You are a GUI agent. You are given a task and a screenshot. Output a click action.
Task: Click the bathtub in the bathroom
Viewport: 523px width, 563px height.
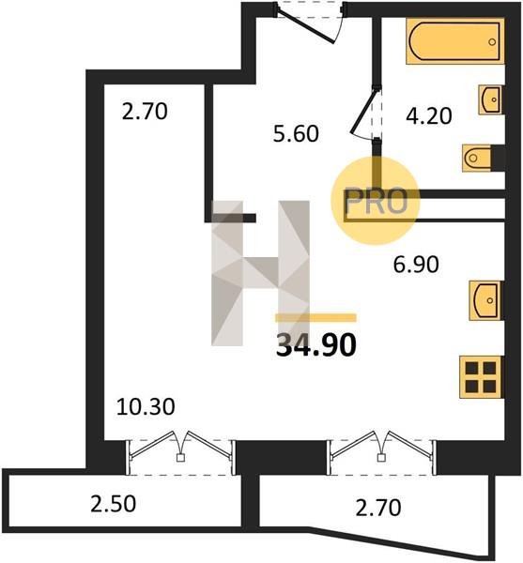tap(455, 41)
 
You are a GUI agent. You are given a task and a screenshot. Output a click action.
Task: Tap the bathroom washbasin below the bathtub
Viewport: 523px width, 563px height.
tap(491, 99)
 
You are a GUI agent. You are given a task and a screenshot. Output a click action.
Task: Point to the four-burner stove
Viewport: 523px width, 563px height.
tap(482, 377)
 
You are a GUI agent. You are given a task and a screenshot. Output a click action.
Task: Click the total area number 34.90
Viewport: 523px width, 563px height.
tap(316, 345)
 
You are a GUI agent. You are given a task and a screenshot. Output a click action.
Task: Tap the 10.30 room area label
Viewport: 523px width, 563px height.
tap(146, 407)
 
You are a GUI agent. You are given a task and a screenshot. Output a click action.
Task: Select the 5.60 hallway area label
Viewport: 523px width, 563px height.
tap(296, 133)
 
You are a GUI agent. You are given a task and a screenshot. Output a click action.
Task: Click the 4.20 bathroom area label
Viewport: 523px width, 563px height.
tap(429, 116)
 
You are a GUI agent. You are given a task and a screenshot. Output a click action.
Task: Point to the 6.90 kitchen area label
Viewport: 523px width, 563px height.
tap(416, 265)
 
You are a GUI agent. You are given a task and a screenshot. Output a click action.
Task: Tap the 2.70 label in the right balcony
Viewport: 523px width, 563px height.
tap(378, 508)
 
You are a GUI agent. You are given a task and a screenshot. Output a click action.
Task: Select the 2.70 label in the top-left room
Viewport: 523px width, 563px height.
tap(145, 112)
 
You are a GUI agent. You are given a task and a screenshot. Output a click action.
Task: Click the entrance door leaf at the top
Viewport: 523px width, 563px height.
tap(306, 26)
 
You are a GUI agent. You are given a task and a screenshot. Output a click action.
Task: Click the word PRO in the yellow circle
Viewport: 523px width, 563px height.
tap(376, 202)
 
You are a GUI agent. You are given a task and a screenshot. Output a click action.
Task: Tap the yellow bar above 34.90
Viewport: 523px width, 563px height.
tap(315, 318)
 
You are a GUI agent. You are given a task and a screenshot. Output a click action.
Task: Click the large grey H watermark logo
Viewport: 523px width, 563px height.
tap(260, 273)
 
